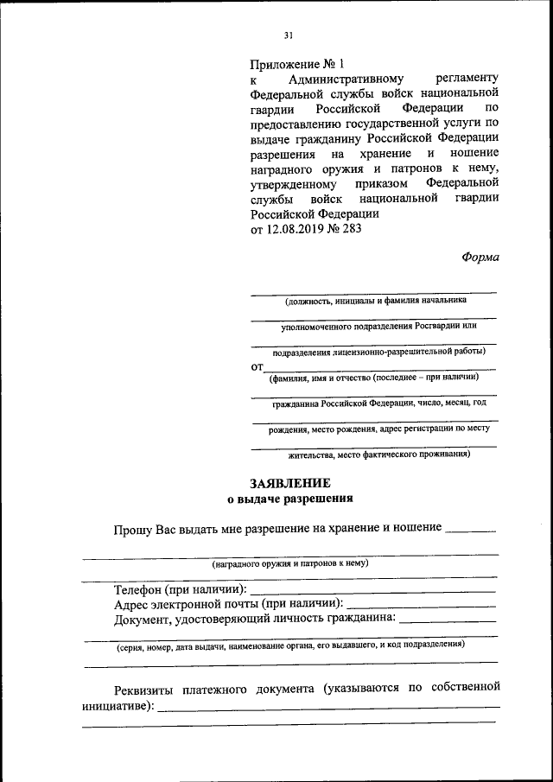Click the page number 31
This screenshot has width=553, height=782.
(289, 35)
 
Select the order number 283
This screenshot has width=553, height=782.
(351, 229)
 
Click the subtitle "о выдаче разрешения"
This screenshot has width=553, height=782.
(290, 499)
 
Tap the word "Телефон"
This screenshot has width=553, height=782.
(139, 589)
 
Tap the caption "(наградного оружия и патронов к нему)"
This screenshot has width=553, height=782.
(291, 563)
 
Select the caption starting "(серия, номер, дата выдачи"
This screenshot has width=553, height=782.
(291, 645)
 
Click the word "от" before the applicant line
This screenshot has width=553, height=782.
(257, 367)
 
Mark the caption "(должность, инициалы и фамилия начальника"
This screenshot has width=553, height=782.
(376, 301)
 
